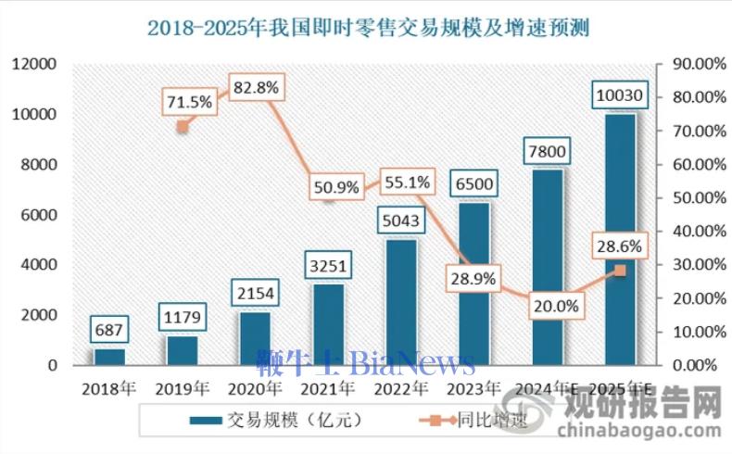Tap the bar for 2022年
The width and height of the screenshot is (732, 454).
400,302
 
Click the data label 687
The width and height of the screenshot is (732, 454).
109,329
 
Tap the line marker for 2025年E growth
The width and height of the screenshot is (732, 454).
620,271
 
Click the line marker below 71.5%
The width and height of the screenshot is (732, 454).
183,127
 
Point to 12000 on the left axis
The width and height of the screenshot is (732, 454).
34,64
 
